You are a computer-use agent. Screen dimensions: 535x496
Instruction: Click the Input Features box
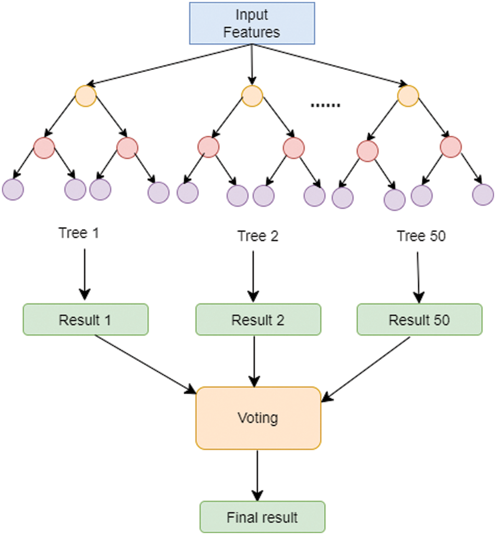click(x=251, y=23)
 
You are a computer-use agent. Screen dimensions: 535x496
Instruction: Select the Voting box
click(x=258, y=418)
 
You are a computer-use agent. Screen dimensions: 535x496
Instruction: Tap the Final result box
click(x=262, y=517)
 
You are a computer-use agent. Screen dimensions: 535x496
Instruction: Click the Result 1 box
click(x=86, y=319)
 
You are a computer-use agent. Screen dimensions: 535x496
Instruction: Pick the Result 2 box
click(x=258, y=319)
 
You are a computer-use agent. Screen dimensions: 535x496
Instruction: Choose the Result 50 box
click(x=419, y=319)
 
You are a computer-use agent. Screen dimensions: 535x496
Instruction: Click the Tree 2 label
click(x=258, y=236)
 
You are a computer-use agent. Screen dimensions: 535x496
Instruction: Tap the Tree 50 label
click(x=421, y=236)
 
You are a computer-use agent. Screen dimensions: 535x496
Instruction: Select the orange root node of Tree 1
click(x=86, y=96)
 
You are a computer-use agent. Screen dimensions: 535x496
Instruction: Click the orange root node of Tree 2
click(x=252, y=96)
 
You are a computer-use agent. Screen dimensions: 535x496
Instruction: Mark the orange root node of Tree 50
click(x=408, y=96)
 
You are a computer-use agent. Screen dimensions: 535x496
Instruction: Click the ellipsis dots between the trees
click(x=325, y=105)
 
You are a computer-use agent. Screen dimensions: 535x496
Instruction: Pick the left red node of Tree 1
click(x=44, y=148)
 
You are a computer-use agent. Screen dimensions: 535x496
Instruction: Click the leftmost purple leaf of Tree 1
click(x=13, y=189)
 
